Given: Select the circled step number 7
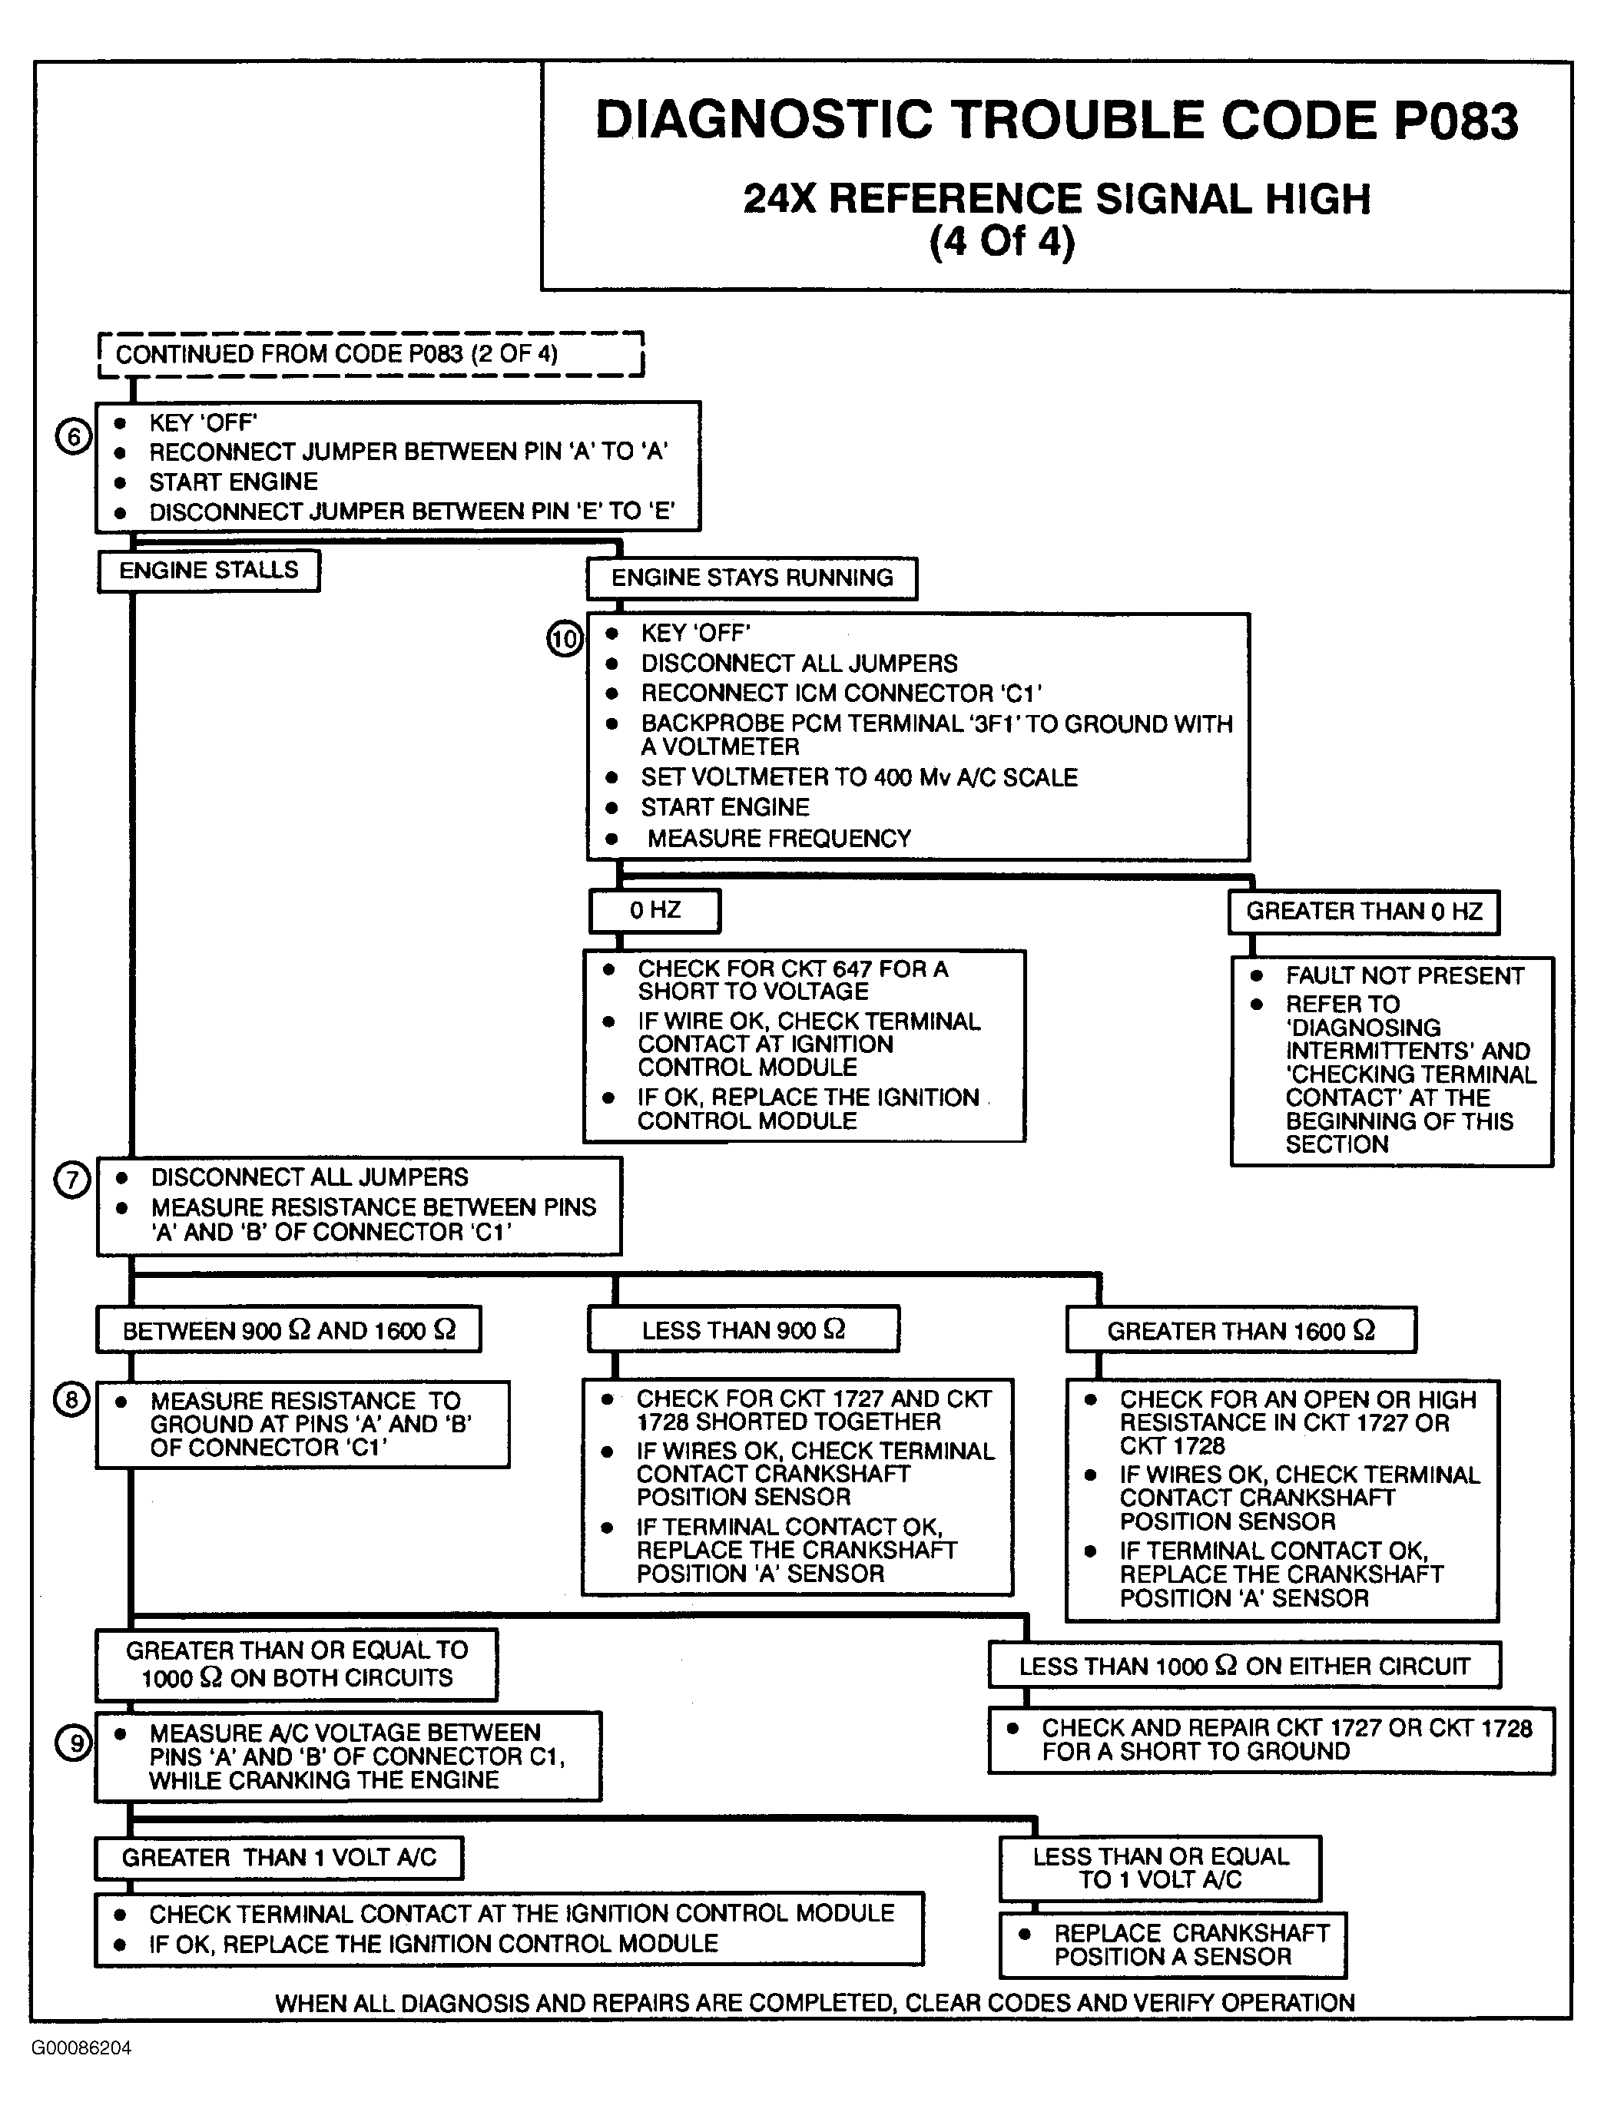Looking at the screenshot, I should (x=71, y=1180).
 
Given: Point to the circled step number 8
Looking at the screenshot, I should (x=71, y=1401).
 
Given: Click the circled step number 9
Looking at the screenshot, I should (x=75, y=1744).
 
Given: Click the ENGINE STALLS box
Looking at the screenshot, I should (x=208, y=571).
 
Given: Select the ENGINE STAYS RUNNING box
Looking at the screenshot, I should (x=751, y=578).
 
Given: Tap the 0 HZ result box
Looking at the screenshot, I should (x=655, y=910).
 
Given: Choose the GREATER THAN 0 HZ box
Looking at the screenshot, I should (x=1364, y=912).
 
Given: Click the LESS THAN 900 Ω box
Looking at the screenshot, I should (x=743, y=1330).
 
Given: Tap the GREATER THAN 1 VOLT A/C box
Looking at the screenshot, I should (x=279, y=1858).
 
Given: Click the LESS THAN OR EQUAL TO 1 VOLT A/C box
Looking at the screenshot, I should (x=1160, y=1869).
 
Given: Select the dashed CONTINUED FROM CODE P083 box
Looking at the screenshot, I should (x=370, y=354).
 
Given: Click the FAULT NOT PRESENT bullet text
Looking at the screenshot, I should (x=1403, y=976).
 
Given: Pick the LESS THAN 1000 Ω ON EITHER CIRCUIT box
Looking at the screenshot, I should (x=1244, y=1666).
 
